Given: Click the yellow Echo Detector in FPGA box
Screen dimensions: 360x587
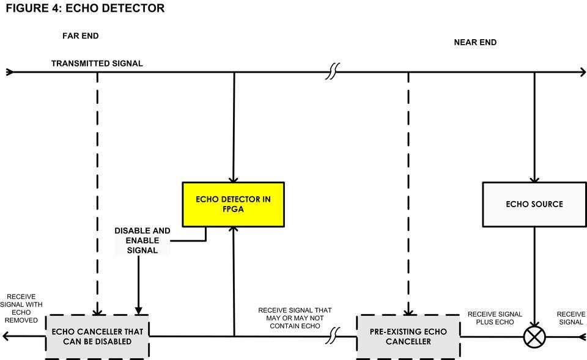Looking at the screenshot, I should tap(233, 204).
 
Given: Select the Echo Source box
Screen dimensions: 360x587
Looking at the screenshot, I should tap(534, 204).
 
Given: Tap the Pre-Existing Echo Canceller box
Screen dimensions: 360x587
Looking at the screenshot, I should tap(408, 336).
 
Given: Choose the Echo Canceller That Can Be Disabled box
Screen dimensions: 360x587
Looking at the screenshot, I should tap(97, 336).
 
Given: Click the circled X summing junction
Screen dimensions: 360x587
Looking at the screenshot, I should tap(534, 337).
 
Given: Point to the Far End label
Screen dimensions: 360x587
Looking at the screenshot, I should tap(80, 36).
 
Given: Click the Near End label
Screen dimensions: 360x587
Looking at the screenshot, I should tap(475, 42).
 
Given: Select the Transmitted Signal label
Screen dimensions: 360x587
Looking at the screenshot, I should tap(97, 64).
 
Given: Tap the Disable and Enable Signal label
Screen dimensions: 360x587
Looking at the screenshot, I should tap(142, 240).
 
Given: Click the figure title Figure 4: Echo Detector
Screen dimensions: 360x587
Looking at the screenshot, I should tap(85, 9).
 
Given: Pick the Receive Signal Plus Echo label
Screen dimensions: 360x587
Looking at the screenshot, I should tap(495, 318).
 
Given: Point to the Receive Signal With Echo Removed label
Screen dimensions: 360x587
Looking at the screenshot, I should tap(21, 308).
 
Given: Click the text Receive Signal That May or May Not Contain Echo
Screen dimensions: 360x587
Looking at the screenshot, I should tap(295, 318).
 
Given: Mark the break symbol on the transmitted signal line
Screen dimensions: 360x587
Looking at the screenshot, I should tap(332, 72).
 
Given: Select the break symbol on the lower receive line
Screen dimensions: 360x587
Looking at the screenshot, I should tap(334, 336).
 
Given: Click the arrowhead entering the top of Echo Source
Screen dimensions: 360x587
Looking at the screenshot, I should tap(534, 179).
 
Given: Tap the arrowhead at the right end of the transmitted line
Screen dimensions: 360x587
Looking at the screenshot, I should tap(583, 72).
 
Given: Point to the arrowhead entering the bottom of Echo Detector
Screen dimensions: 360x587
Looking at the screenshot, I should tap(233, 230).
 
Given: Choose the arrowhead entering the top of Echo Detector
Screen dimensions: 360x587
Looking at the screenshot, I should tap(233, 178).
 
